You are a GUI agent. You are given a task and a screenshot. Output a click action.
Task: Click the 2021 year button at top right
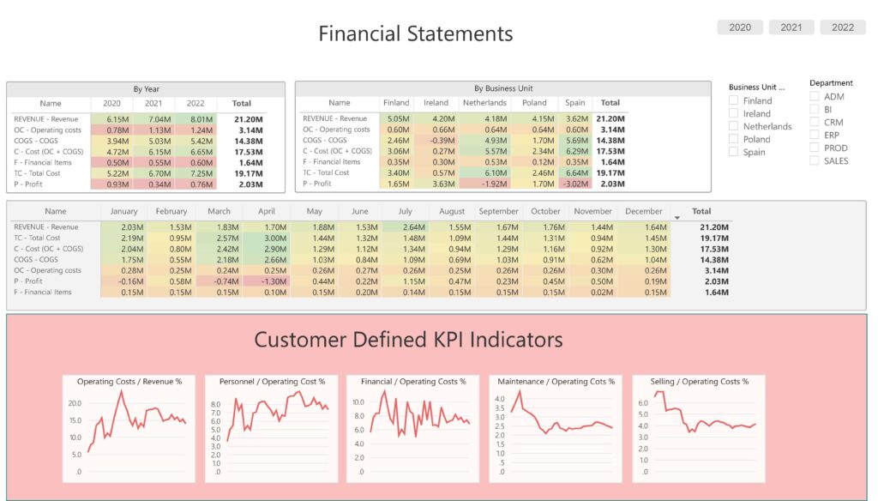pos(791,27)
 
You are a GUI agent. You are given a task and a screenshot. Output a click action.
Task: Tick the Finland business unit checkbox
pos(733,100)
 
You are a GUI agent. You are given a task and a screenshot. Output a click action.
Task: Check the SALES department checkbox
pos(814,160)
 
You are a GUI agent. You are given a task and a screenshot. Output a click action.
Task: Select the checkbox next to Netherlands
pos(733,126)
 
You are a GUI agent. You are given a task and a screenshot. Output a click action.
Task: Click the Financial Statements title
pos(416,33)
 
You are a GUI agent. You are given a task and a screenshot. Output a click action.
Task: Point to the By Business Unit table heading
pos(503,88)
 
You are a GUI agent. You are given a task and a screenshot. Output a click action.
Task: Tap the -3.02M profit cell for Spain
pos(574,183)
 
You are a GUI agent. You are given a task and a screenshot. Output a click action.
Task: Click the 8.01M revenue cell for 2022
pos(195,119)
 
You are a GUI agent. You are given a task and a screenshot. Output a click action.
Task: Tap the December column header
pos(644,211)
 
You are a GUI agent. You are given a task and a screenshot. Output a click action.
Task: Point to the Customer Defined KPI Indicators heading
pos(408,340)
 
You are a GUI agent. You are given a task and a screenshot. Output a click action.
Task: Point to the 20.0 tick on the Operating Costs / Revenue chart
pos(75,402)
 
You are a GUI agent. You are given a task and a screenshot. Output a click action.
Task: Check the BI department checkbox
pos(814,109)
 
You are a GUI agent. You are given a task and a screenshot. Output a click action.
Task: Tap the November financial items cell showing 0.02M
pos(598,293)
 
